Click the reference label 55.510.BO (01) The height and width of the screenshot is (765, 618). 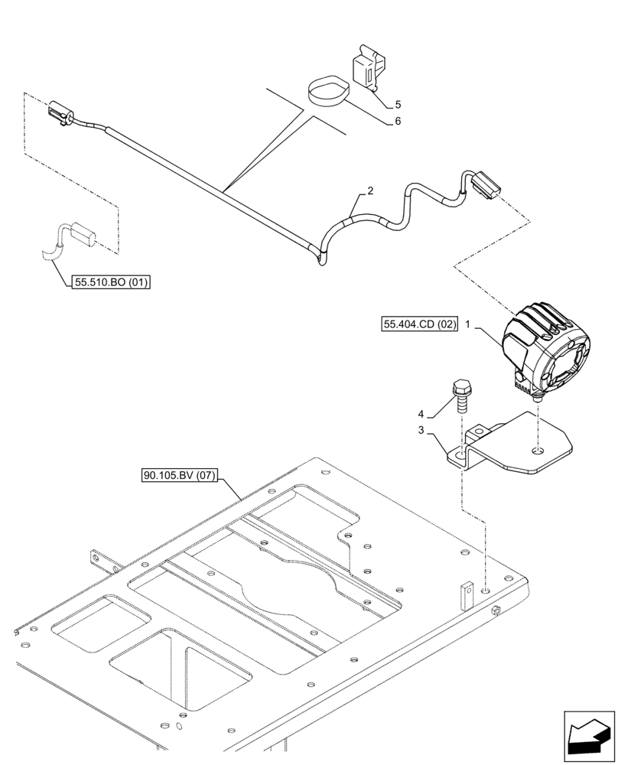111,283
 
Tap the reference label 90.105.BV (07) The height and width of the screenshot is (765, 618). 180,476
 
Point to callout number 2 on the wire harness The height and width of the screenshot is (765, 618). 369,191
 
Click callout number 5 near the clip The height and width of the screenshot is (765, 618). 398,104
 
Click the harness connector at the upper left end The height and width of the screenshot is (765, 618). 60,112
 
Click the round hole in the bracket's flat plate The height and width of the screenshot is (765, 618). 538,451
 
